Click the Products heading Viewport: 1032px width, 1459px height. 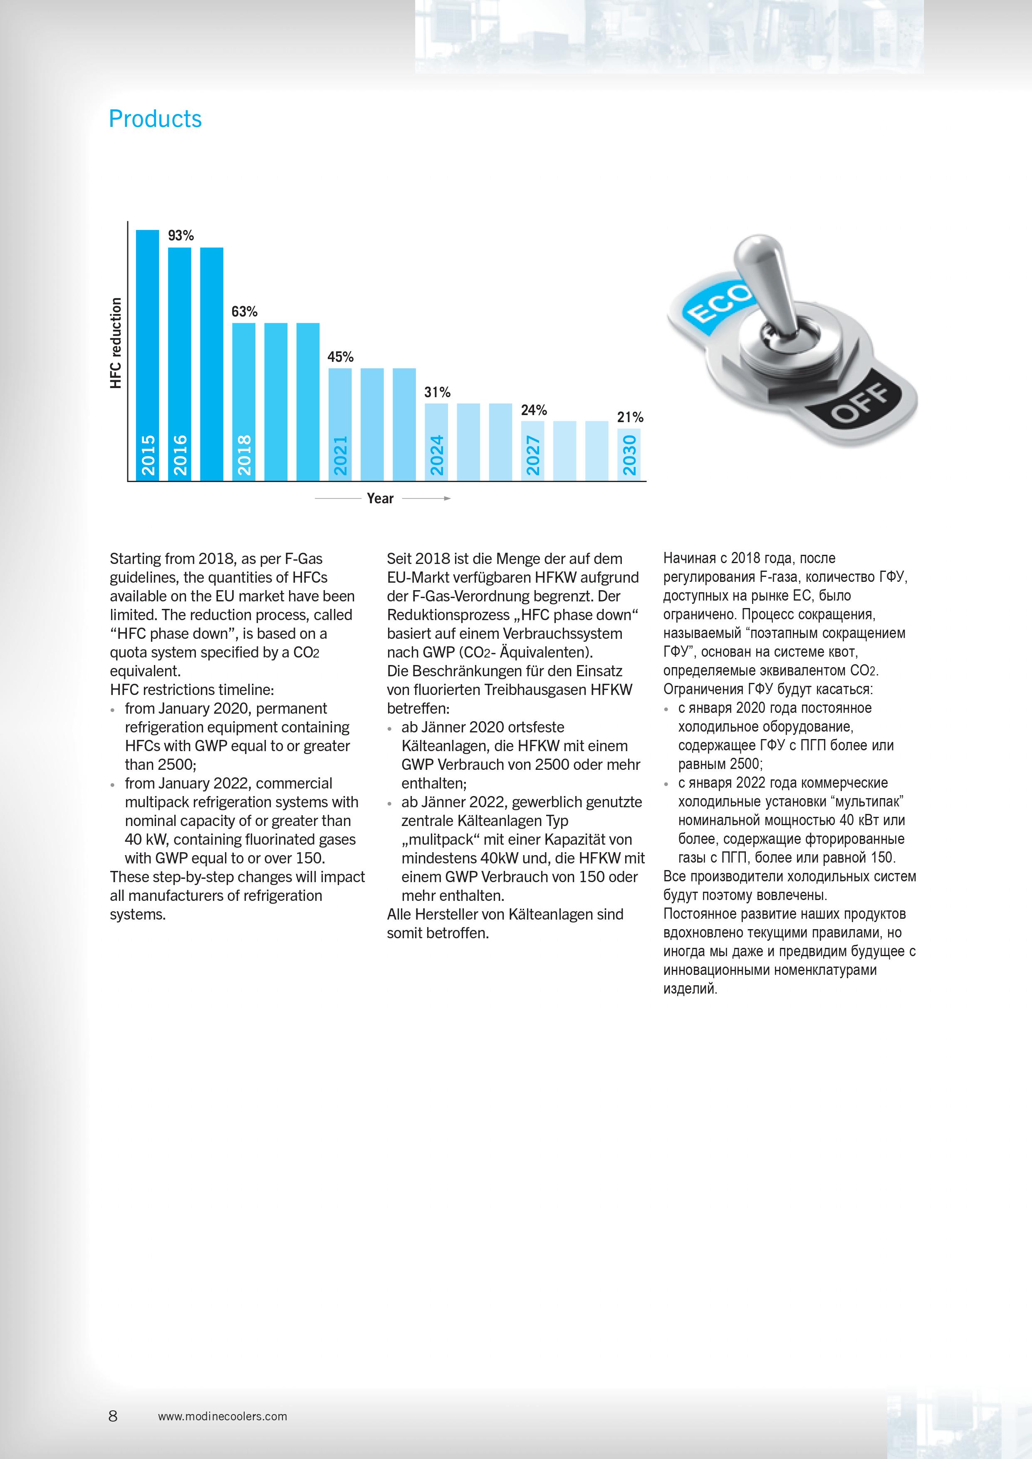(155, 119)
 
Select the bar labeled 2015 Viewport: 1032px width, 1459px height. (147, 356)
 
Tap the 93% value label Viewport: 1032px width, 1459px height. (181, 236)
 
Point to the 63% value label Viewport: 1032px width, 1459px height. (244, 312)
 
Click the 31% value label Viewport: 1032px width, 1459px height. (437, 393)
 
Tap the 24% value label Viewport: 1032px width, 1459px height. (533, 410)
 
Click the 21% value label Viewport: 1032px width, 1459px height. (630, 418)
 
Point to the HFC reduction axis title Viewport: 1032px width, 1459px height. (116, 343)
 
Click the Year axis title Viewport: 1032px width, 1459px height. (380, 499)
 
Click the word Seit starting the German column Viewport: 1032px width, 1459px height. (400, 559)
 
